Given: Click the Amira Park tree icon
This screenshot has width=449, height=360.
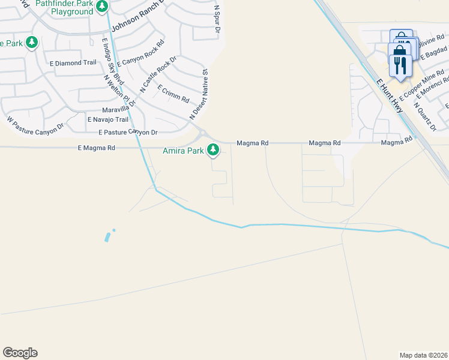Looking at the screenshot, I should (213, 150).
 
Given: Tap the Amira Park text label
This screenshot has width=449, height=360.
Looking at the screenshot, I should (184, 151).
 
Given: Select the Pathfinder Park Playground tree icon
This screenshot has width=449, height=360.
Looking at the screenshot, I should (102, 7).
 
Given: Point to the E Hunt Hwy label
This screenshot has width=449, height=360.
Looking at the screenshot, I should (388, 95).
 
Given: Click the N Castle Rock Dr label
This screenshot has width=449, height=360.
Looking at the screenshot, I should (158, 74).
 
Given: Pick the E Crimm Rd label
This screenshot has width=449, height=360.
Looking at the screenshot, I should (173, 92).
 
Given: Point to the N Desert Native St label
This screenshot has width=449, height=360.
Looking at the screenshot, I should (199, 94).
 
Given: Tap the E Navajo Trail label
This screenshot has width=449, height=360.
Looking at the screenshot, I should (107, 120).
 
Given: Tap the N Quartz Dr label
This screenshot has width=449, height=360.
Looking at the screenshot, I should (425, 116).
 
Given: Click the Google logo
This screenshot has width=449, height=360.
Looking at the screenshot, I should (20, 353).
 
